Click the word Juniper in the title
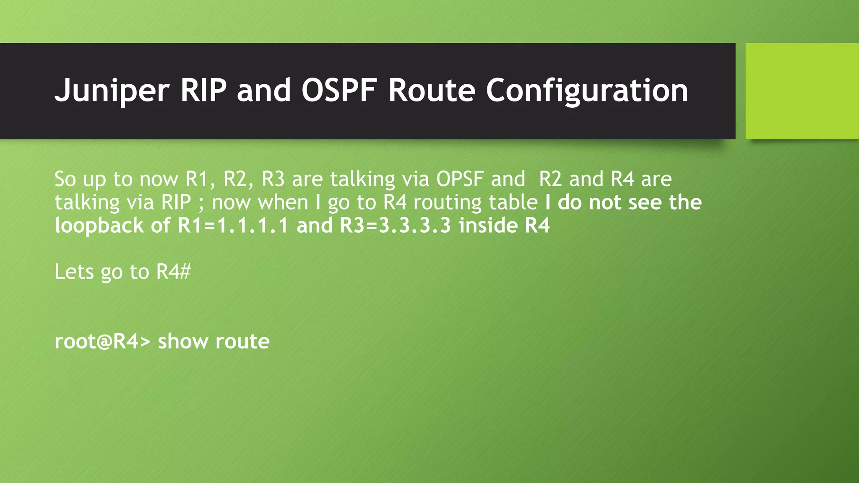pyautogui.click(x=112, y=91)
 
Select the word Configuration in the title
pyautogui.click(x=587, y=91)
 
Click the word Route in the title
pyautogui.click(x=432, y=91)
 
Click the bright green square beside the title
pyautogui.click(x=802, y=91)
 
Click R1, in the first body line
pyautogui.click(x=200, y=179)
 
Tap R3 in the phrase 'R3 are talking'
pyautogui.click(x=273, y=179)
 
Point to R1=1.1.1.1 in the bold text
pyautogui.click(x=233, y=226)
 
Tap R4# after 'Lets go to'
pyautogui.click(x=173, y=272)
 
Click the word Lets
pyautogui.click(x=74, y=272)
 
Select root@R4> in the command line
pyautogui.click(x=102, y=341)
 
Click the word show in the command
pyautogui.click(x=182, y=341)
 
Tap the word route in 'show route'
pyautogui.click(x=242, y=341)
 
